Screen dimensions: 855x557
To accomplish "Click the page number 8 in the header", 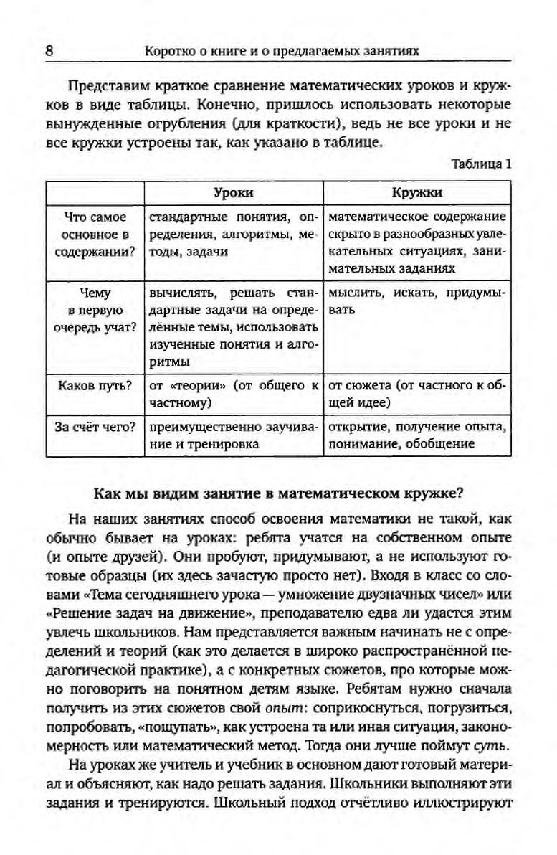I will pos(49,51).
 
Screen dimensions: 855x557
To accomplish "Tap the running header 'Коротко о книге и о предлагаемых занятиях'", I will pos(281,51).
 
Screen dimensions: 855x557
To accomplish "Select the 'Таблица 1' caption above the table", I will pos(481,164).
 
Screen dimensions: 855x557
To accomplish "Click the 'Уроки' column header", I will pos(234,193).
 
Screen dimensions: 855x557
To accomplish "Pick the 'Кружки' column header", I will pos(417,193).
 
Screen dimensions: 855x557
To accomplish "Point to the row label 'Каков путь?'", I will pos(95,386).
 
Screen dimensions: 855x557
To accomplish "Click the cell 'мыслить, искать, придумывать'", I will pos(417,302).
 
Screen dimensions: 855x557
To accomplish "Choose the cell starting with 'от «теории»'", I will pos(234,394).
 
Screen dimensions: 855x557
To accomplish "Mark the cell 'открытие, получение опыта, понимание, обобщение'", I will pos(417,435).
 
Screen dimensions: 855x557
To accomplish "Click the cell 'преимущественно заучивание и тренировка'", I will pos(234,435).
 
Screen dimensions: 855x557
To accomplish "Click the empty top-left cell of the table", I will pos(95,193).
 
